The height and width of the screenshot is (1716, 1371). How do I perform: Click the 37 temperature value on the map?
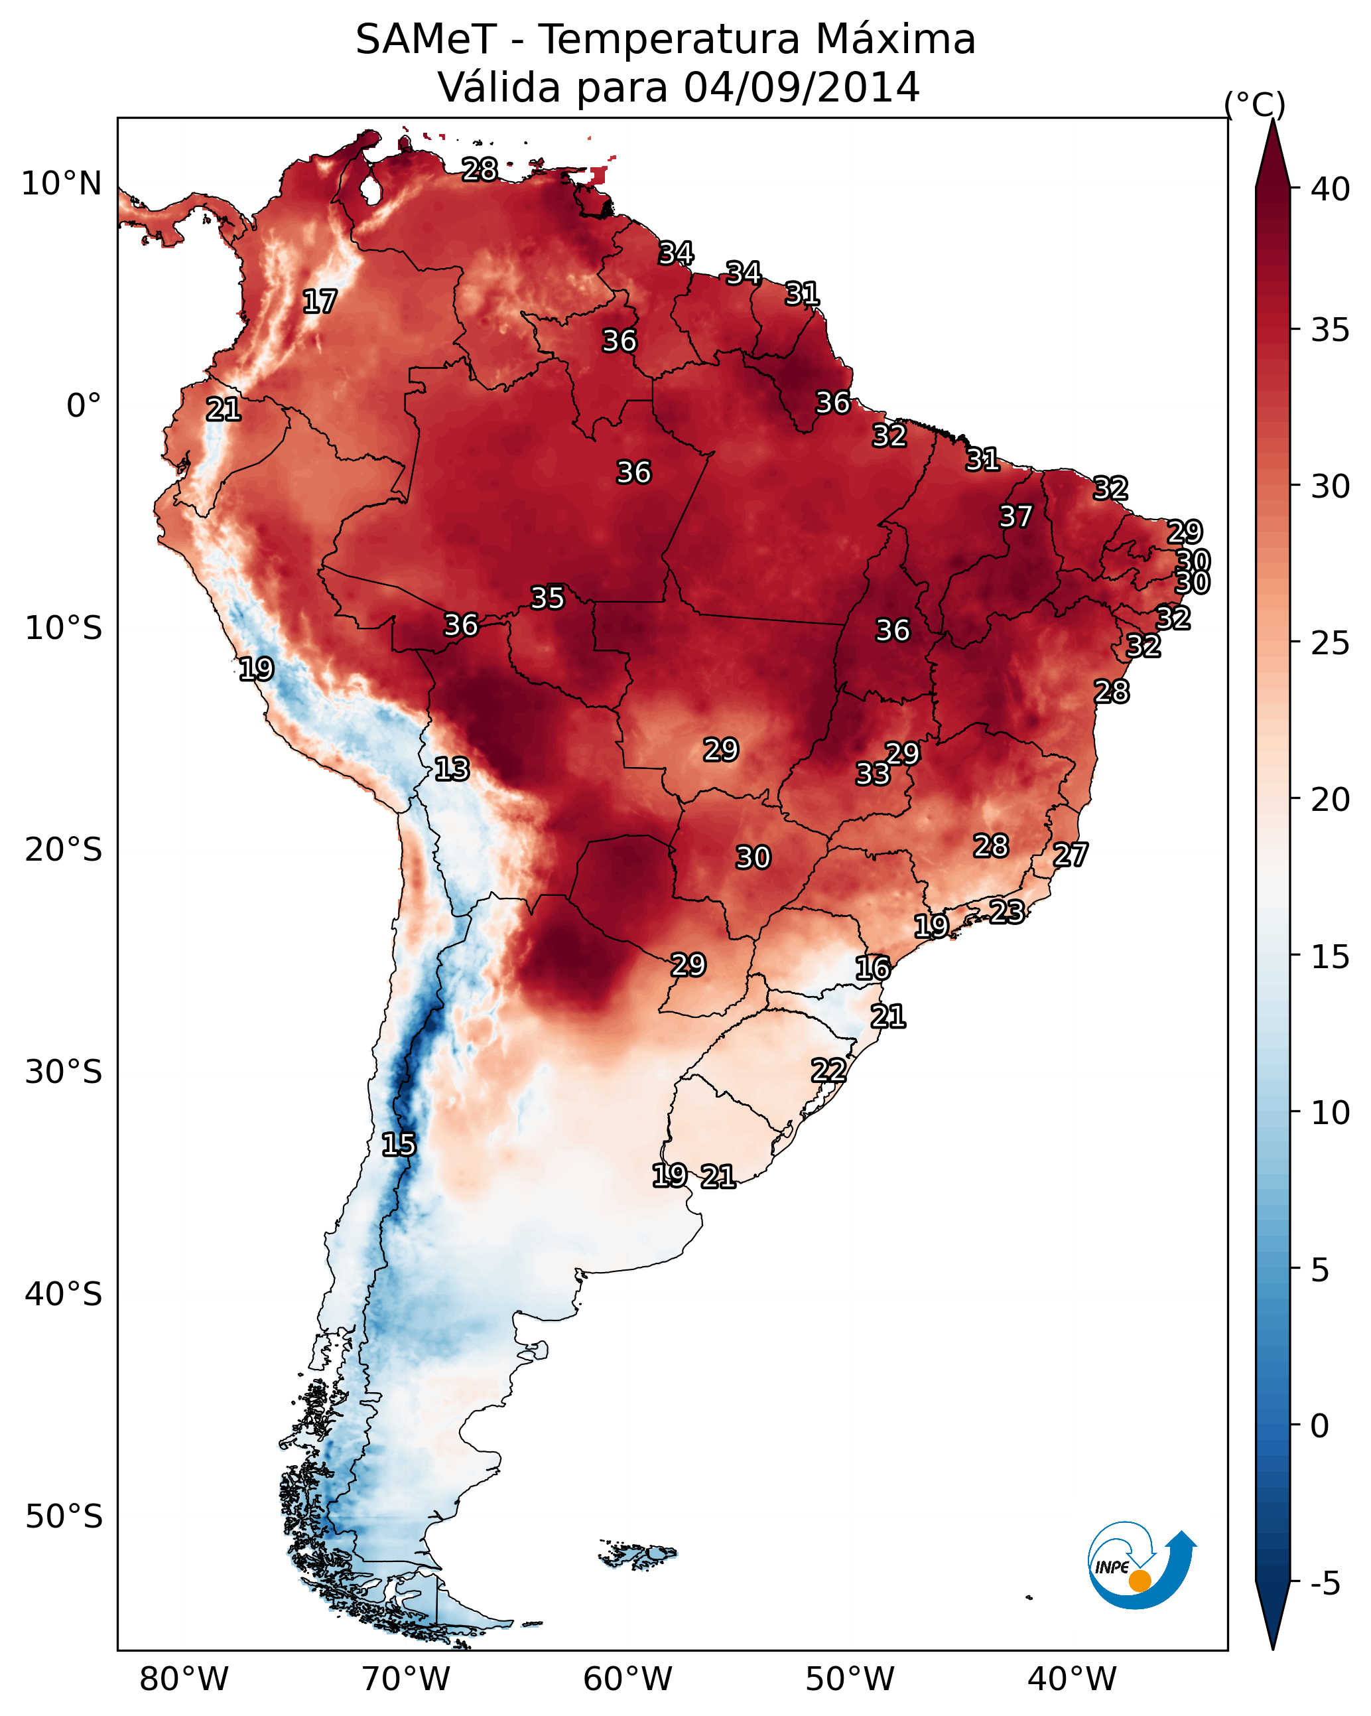tap(1015, 516)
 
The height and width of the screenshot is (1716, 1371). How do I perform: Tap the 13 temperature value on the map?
tap(451, 769)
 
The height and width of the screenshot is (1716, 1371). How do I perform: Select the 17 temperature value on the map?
tap(319, 302)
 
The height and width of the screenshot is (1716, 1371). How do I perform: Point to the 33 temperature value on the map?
tap(872, 774)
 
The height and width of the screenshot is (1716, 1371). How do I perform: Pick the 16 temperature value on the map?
tap(872, 968)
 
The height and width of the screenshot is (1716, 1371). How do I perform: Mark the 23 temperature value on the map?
tap(1007, 911)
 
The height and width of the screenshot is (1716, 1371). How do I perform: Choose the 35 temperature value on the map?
tap(547, 598)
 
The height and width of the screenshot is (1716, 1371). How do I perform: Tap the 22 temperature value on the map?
tap(828, 1070)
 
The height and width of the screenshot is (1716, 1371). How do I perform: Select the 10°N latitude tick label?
tap(61, 184)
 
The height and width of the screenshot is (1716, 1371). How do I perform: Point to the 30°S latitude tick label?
tap(63, 1072)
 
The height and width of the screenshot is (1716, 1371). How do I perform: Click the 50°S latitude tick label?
tap(63, 1516)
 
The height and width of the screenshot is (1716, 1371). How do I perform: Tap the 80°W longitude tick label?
tap(184, 1679)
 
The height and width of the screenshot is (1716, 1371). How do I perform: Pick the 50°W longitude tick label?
tap(850, 1679)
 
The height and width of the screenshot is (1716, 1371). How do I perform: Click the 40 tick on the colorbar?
tap(1331, 189)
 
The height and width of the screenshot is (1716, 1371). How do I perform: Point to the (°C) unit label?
tap(1255, 104)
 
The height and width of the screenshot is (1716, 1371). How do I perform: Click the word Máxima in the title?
tap(894, 39)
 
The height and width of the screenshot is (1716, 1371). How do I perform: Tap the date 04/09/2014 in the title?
tap(801, 87)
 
